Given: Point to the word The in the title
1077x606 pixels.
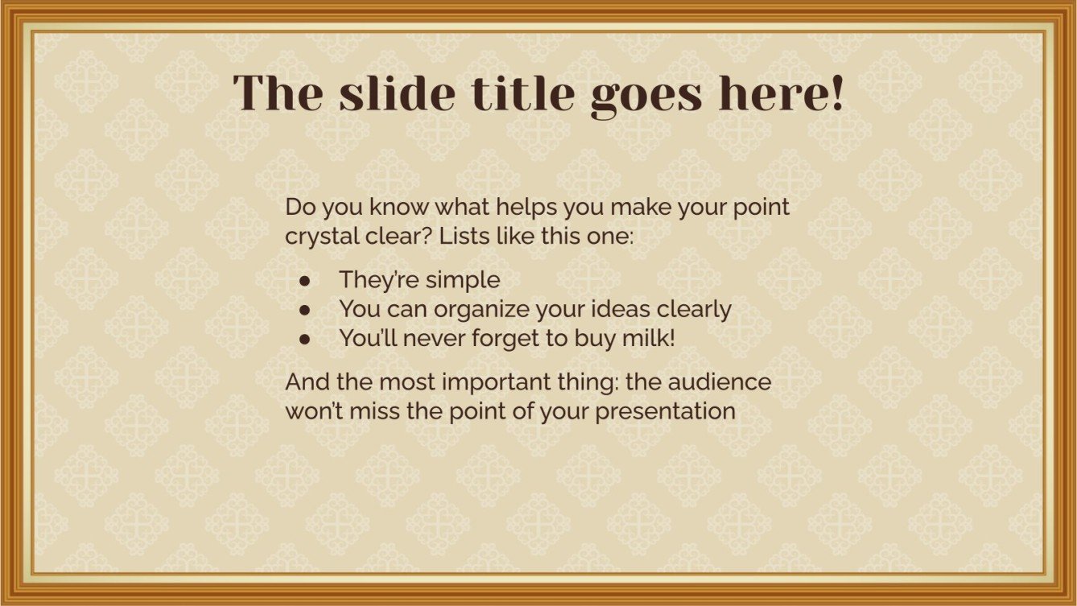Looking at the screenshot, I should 279,93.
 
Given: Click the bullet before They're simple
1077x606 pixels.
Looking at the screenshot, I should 305,281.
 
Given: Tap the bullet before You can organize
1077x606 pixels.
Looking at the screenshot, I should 305,310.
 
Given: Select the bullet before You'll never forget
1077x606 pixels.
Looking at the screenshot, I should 305,339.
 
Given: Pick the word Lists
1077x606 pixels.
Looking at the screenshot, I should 468,237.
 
